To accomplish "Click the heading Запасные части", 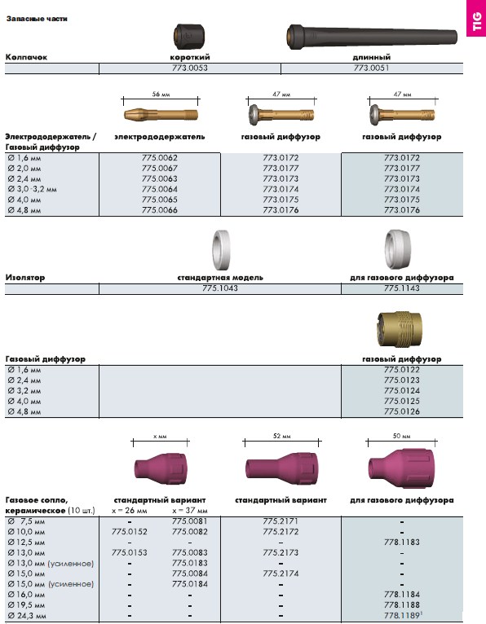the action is (37, 19).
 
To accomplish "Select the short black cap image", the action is (190, 37).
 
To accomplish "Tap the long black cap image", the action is (372, 37).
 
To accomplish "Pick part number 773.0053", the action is (190, 68).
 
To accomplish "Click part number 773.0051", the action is (371, 68).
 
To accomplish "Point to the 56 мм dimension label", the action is (161, 94).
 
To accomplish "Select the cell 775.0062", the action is (160, 158).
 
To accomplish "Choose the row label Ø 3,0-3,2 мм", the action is (33, 190).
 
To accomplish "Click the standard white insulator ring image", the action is (221, 250).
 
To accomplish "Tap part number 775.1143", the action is (401, 288).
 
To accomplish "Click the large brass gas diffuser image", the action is (399, 329).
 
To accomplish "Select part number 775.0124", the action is (401, 391).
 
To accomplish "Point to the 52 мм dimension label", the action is (281, 436).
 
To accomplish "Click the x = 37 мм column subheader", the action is (190, 511).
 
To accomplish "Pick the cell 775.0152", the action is (130, 532).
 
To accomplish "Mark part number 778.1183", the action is (401, 542).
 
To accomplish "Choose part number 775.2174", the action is (281, 573).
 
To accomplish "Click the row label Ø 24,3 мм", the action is (27, 616).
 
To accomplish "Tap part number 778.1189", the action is (403, 616).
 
